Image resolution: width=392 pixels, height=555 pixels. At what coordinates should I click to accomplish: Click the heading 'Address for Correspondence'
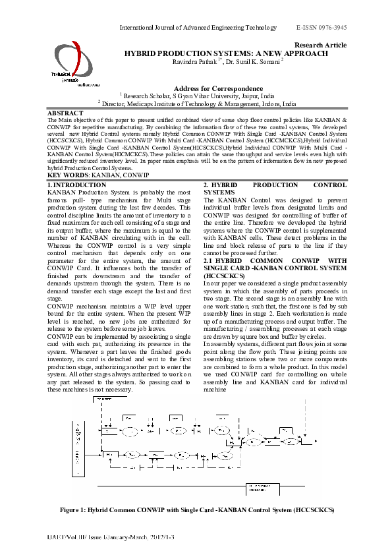[x=218, y=88]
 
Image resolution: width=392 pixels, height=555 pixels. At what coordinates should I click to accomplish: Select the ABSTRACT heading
[x=66, y=113]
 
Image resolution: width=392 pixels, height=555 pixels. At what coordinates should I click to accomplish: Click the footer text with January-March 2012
[x=115, y=539]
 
